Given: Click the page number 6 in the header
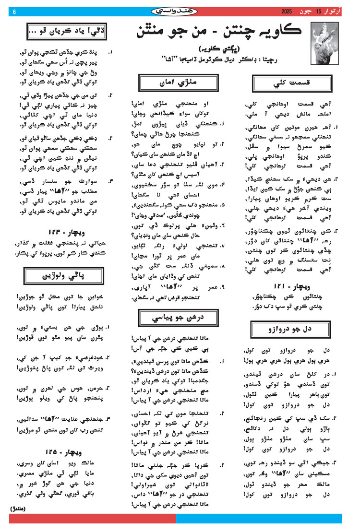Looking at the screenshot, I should (x=14, y=12).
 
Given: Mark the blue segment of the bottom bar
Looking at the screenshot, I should (x=259, y=518).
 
